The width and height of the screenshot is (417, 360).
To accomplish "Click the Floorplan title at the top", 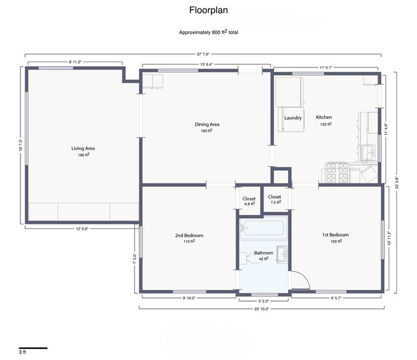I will click(x=208, y=10).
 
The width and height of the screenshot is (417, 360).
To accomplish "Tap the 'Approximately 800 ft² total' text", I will click(x=208, y=31).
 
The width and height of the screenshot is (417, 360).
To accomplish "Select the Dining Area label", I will click(x=207, y=124).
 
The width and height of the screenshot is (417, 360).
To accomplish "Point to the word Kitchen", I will click(x=324, y=117).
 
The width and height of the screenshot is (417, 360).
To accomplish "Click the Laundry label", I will click(x=293, y=118).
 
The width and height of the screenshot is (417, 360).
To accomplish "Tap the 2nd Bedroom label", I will click(x=189, y=236).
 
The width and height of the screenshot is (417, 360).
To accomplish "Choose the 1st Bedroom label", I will click(x=335, y=236).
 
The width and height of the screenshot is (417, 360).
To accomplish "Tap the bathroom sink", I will click(x=282, y=253).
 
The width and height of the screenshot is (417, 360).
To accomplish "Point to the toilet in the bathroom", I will click(x=246, y=258).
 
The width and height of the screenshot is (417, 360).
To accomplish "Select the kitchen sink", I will click(x=368, y=151).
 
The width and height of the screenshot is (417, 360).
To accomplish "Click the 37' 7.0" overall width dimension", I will click(x=203, y=55).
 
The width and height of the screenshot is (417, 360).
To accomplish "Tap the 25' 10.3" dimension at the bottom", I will click(x=260, y=309).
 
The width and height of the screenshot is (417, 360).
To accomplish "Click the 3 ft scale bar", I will click(x=32, y=348).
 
